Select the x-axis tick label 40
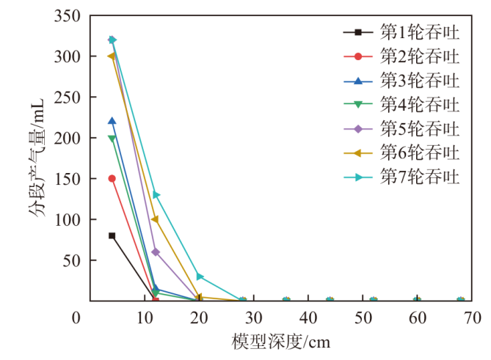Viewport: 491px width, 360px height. point(308,317)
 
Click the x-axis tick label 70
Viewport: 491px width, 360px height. point(472,317)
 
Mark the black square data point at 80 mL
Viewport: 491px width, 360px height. point(112,235)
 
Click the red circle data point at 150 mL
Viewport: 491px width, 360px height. point(112,178)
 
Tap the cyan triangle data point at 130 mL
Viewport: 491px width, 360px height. point(156,195)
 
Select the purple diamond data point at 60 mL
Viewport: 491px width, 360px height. point(156,251)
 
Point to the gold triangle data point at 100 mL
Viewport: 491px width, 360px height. point(155,219)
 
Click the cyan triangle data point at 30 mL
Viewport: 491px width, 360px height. point(200,276)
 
